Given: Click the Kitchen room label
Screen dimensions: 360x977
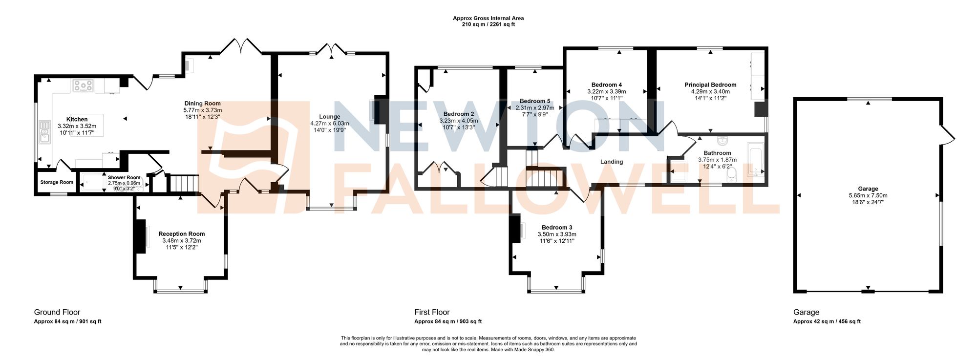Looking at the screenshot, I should point(77,119).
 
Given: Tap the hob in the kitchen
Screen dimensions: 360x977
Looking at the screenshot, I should point(83,86).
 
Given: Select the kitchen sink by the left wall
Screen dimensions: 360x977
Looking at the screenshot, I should point(45,132).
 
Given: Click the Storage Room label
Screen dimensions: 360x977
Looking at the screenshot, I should point(57,182).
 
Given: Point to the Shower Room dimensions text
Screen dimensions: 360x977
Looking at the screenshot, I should point(124,186).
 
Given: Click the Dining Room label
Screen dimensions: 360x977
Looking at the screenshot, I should point(202,104).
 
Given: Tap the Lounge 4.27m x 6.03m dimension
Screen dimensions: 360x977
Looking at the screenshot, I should point(329,124).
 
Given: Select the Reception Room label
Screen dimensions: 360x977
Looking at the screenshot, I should point(182,234).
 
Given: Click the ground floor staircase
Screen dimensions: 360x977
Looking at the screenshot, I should point(184,184).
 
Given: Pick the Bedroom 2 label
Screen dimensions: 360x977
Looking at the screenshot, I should point(459,114).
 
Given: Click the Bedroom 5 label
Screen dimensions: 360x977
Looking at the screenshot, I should point(535,101).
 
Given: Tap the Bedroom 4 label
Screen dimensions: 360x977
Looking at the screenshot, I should point(606,85).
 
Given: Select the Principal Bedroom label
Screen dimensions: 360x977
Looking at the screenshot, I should point(710,85).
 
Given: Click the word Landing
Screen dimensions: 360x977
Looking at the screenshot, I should point(612,162).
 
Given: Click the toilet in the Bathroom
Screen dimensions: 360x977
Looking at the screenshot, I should point(731,175).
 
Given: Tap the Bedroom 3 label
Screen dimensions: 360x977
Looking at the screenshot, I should point(557,228).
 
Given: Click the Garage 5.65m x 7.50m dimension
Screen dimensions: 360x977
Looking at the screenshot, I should point(868,195).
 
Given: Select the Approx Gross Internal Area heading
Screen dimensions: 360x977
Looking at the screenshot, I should point(488,18).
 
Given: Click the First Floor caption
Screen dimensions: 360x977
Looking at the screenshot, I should point(432,312).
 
